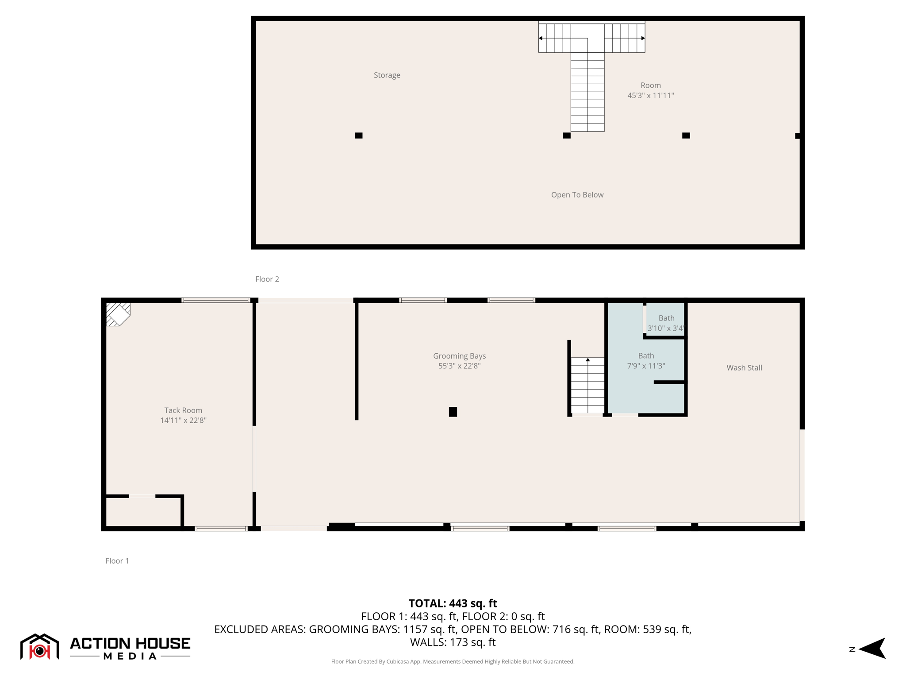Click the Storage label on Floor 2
[387, 75]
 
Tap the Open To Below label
[577, 195]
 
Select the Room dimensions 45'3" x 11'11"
[650, 96]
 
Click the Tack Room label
[183, 410]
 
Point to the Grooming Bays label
[459, 356]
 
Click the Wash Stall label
[744, 367]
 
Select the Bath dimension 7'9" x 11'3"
[646, 366]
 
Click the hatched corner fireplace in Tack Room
[118, 314]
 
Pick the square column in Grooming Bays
[453, 412]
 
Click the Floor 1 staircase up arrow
[587, 360]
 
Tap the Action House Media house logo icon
[39, 647]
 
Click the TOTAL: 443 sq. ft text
[453, 603]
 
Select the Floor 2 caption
[267, 279]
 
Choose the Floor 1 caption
[117, 561]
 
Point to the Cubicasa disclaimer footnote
[453, 661]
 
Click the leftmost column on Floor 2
[358, 135]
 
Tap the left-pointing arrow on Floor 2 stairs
[541, 39]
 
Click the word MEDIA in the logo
[130, 656]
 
